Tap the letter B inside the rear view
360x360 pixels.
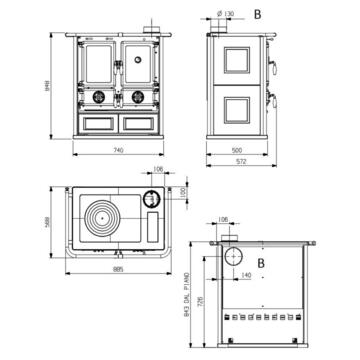pos(262,262)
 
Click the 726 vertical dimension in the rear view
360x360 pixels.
pos(208,300)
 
